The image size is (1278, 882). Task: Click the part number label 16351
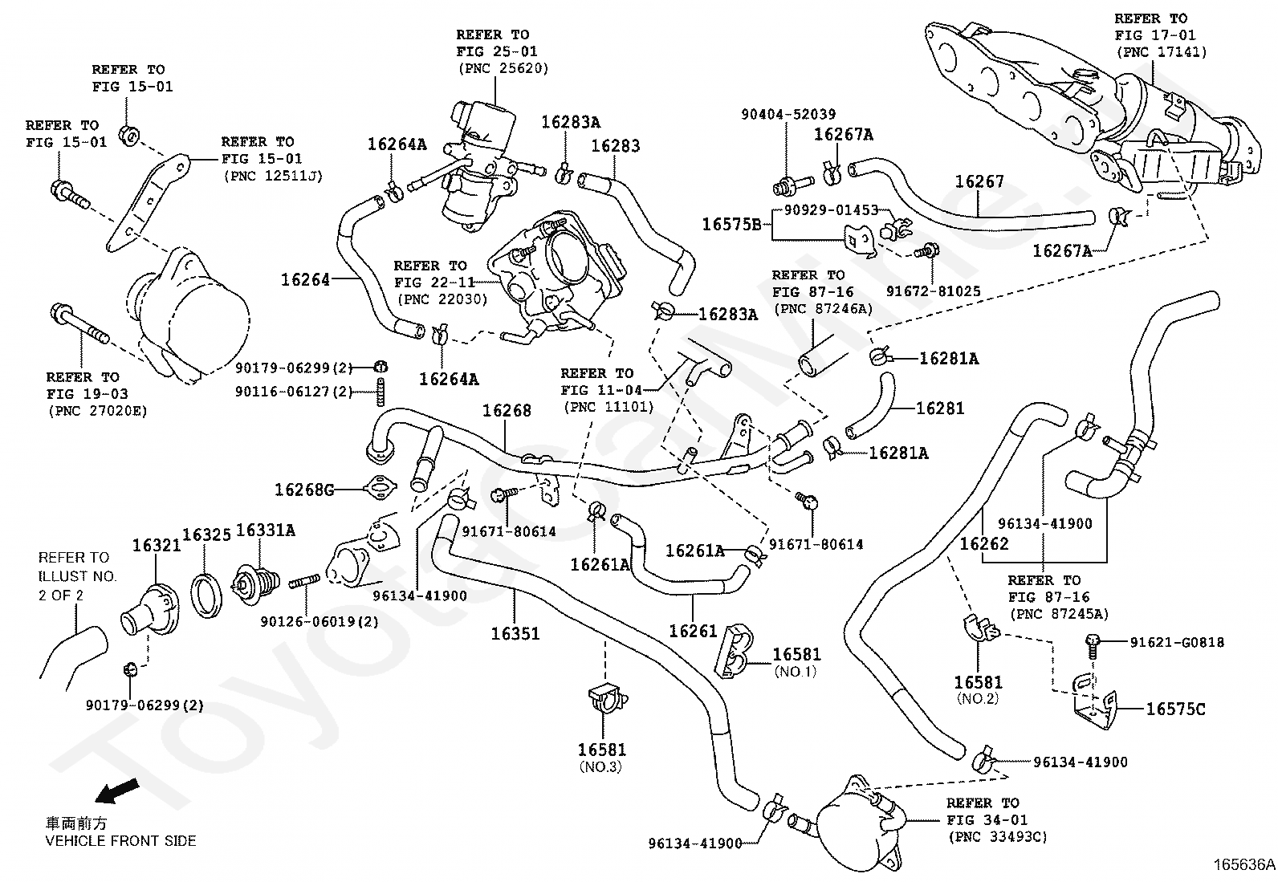coord(515,633)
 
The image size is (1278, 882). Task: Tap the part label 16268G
coord(305,490)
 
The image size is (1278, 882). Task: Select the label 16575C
coord(1176,709)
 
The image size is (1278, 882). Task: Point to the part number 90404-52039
coord(788,114)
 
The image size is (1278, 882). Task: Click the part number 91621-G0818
coord(1177,642)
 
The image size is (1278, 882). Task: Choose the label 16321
coord(157,546)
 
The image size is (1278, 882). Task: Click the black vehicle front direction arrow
coord(117,791)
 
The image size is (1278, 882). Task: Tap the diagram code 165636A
coord(1243,865)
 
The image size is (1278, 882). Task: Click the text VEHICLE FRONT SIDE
coord(120,841)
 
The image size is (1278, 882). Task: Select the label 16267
coord(979,181)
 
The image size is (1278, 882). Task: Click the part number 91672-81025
coord(934,291)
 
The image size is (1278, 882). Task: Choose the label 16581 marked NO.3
coord(602,750)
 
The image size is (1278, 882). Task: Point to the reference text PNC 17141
coord(1162,52)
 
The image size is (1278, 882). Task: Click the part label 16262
coord(984,543)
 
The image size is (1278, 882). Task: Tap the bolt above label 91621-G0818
coord(1093,646)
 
